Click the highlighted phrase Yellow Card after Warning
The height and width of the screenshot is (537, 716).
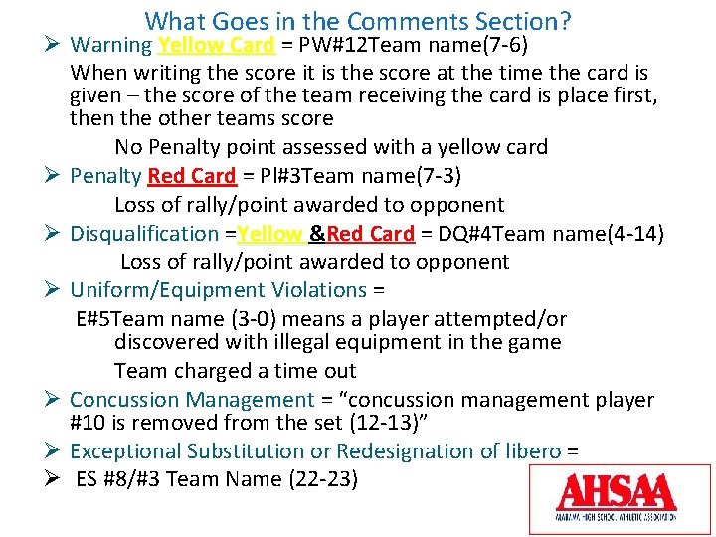pyautogui.click(x=216, y=45)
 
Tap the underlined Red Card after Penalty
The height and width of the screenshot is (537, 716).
pyautogui.click(x=192, y=176)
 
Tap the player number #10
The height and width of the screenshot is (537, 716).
pyautogui.click(x=89, y=422)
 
